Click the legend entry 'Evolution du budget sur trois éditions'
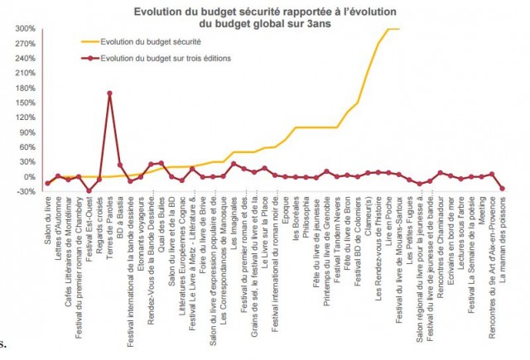coord(162,59)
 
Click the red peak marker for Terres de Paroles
coord(109,94)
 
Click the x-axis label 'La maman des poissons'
coord(503,240)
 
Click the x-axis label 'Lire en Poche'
coord(389,222)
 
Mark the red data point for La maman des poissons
coord(502,189)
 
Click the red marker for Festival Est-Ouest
coord(89,190)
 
